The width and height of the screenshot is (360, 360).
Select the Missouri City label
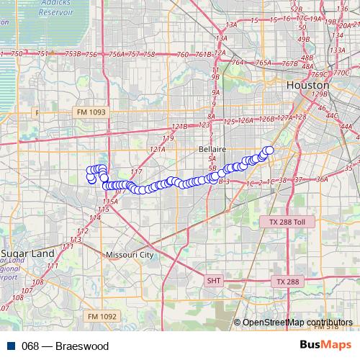pyautogui.click(x=129, y=255)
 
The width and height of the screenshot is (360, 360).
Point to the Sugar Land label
pyautogui.click(x=27, y=254)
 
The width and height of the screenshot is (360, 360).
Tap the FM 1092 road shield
pyautogui.click(x=101, y=316)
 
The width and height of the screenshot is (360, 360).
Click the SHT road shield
pyautogui.click(x=214, y=281)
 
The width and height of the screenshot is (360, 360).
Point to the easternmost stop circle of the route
pyautogui.click(x=270, y=150)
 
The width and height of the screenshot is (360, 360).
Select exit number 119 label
pyautogui.click(x=168, y=138)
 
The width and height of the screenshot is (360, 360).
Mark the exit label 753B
pyautogui.click(x=72, y=54)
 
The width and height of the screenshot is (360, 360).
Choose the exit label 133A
pyautogui.click(x=336, y=50)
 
